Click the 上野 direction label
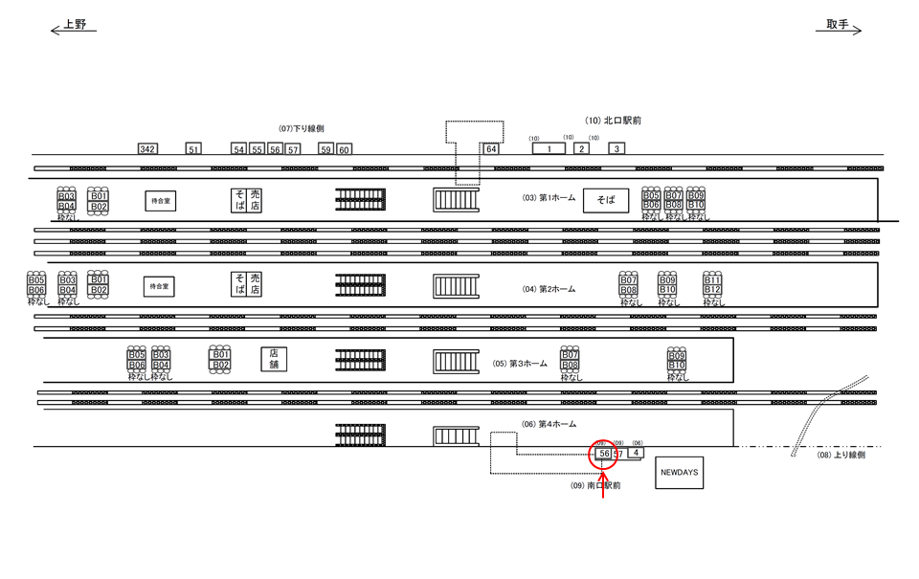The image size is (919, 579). [75, 25]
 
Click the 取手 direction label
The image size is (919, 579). [838, 25]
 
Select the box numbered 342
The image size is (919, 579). [146, 149]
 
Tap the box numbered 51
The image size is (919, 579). [194, 149]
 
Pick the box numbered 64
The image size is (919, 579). [491, 149]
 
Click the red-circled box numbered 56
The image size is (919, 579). [604, 453]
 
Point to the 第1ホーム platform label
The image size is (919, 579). [549, 198]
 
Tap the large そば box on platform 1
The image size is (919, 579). [606, 200]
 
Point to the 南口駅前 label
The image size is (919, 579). [595, 486]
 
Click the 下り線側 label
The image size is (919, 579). [302, 128]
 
